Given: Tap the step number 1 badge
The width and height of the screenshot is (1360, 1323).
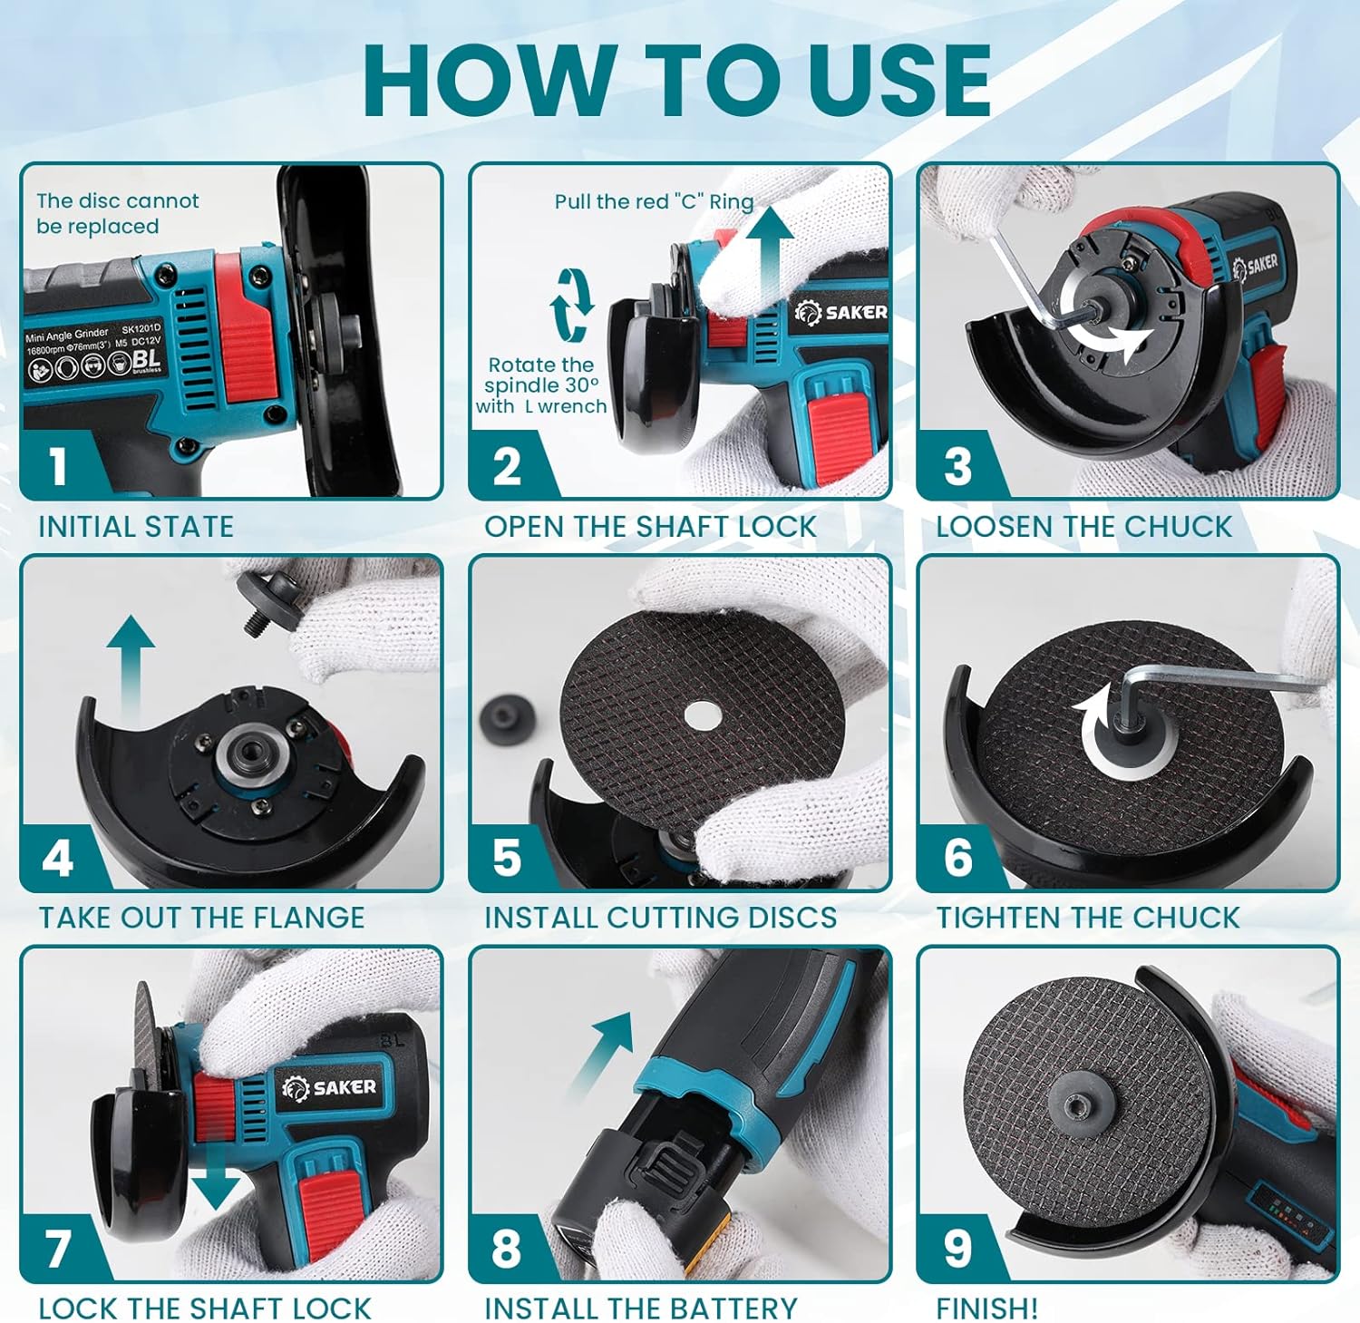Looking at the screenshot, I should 58,465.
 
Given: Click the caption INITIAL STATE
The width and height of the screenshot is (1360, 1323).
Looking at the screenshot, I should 136,527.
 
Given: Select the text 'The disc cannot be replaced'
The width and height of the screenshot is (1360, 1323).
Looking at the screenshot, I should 117,214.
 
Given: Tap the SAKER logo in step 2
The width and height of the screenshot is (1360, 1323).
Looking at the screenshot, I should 840,313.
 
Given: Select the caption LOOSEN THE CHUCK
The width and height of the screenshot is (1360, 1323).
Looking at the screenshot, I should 1083,527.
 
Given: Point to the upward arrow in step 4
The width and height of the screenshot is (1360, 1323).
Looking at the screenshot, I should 131,666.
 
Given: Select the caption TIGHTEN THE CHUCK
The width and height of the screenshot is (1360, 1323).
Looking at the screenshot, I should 1087,918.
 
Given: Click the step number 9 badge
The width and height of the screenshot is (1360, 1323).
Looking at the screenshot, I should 957,1249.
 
